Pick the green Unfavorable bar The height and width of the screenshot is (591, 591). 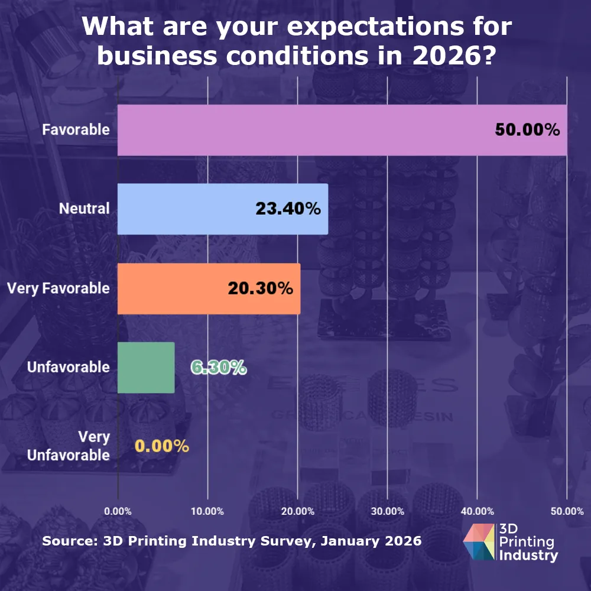coord(146,367)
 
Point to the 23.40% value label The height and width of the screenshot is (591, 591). coord(288,209)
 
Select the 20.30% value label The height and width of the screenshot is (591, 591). coord(260,288)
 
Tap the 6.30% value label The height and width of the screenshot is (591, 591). coord(218,368)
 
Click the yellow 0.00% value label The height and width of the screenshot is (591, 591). coord(162,446)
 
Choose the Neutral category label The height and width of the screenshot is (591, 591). coord(84,209)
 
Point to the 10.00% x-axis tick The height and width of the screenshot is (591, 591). coord(207,511)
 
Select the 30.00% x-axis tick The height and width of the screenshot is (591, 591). coord(387,511)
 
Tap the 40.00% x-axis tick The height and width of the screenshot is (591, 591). coord(477,511)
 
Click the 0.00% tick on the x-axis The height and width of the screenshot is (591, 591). coord(118,511)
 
